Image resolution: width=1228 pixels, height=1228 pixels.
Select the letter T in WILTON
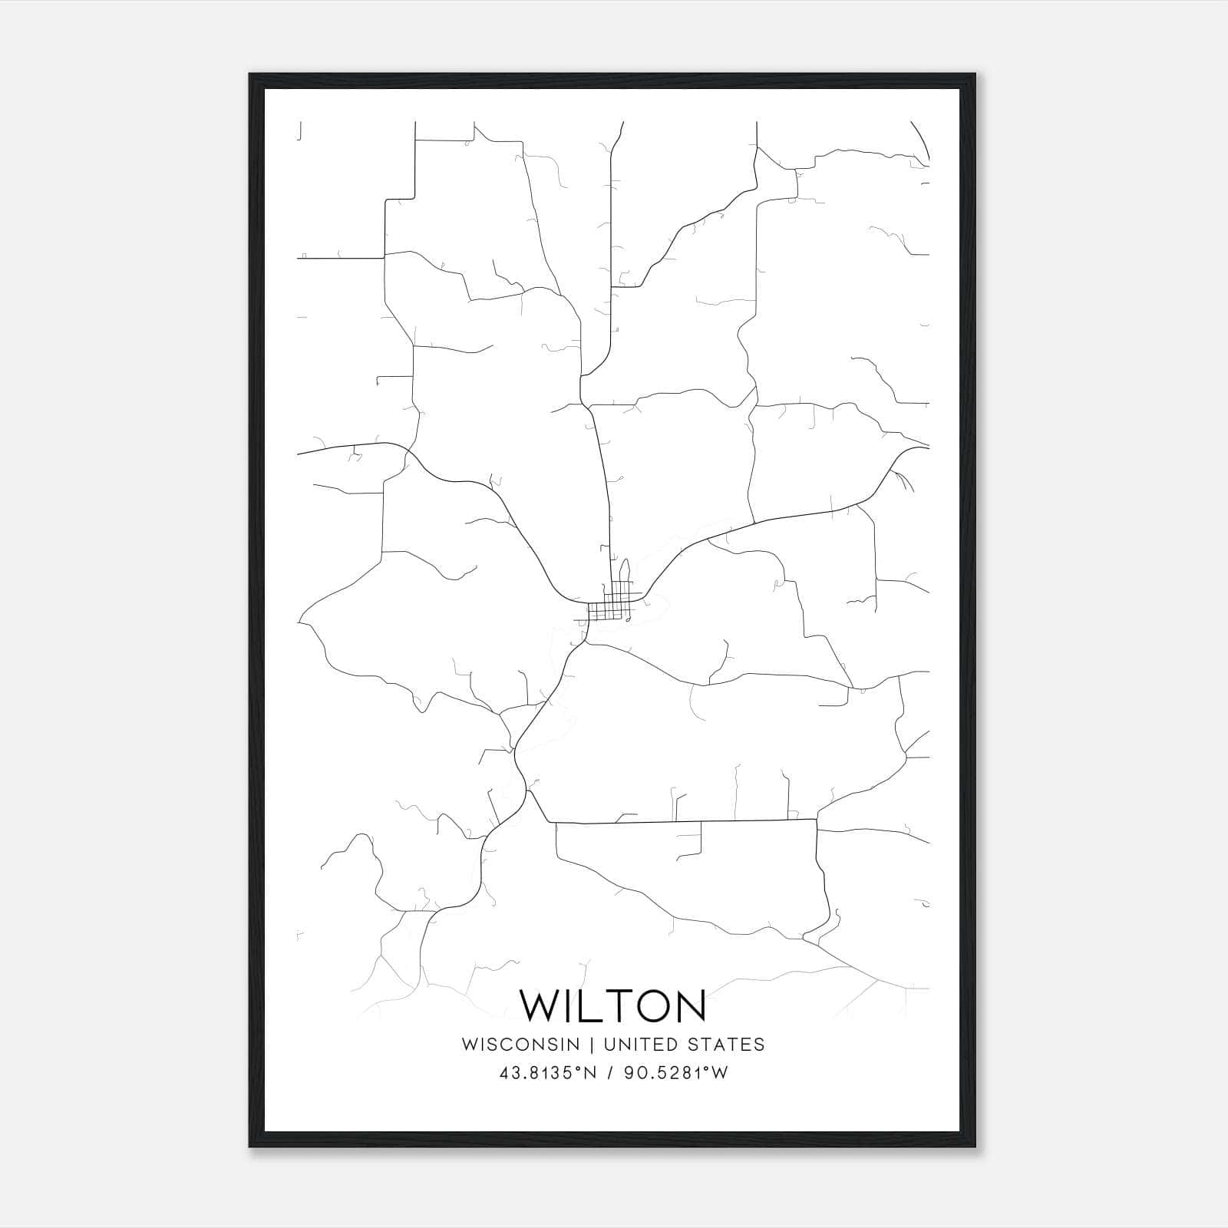click(609, 1005)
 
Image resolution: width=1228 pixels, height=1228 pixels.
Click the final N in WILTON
click(687, 1005)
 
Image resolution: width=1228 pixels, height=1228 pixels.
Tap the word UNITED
click(642, 1045)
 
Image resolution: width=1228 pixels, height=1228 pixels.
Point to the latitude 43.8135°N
click(547, 1073)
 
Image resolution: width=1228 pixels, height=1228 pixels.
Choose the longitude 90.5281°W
click(675, 1073)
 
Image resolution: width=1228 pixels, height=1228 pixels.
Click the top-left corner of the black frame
click(250, 75)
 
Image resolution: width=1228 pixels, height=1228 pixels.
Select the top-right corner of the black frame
click(975, 75)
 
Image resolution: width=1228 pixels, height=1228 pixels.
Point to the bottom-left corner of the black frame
click(250, 1147)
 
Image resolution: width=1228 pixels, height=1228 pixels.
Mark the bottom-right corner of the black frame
click(975, 1147)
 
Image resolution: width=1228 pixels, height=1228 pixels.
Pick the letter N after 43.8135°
click(589, 1073)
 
